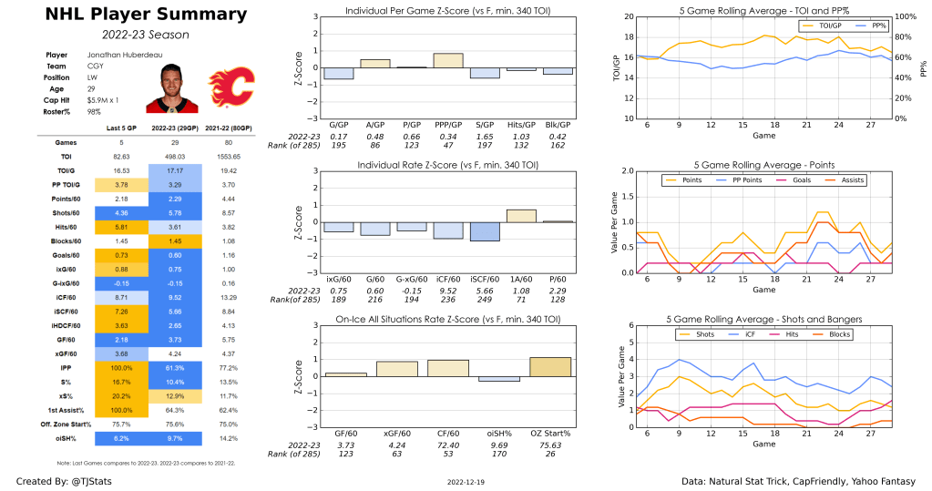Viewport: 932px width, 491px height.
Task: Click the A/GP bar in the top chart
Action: (375, 64)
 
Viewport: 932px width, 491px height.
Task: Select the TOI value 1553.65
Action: (231, 157)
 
